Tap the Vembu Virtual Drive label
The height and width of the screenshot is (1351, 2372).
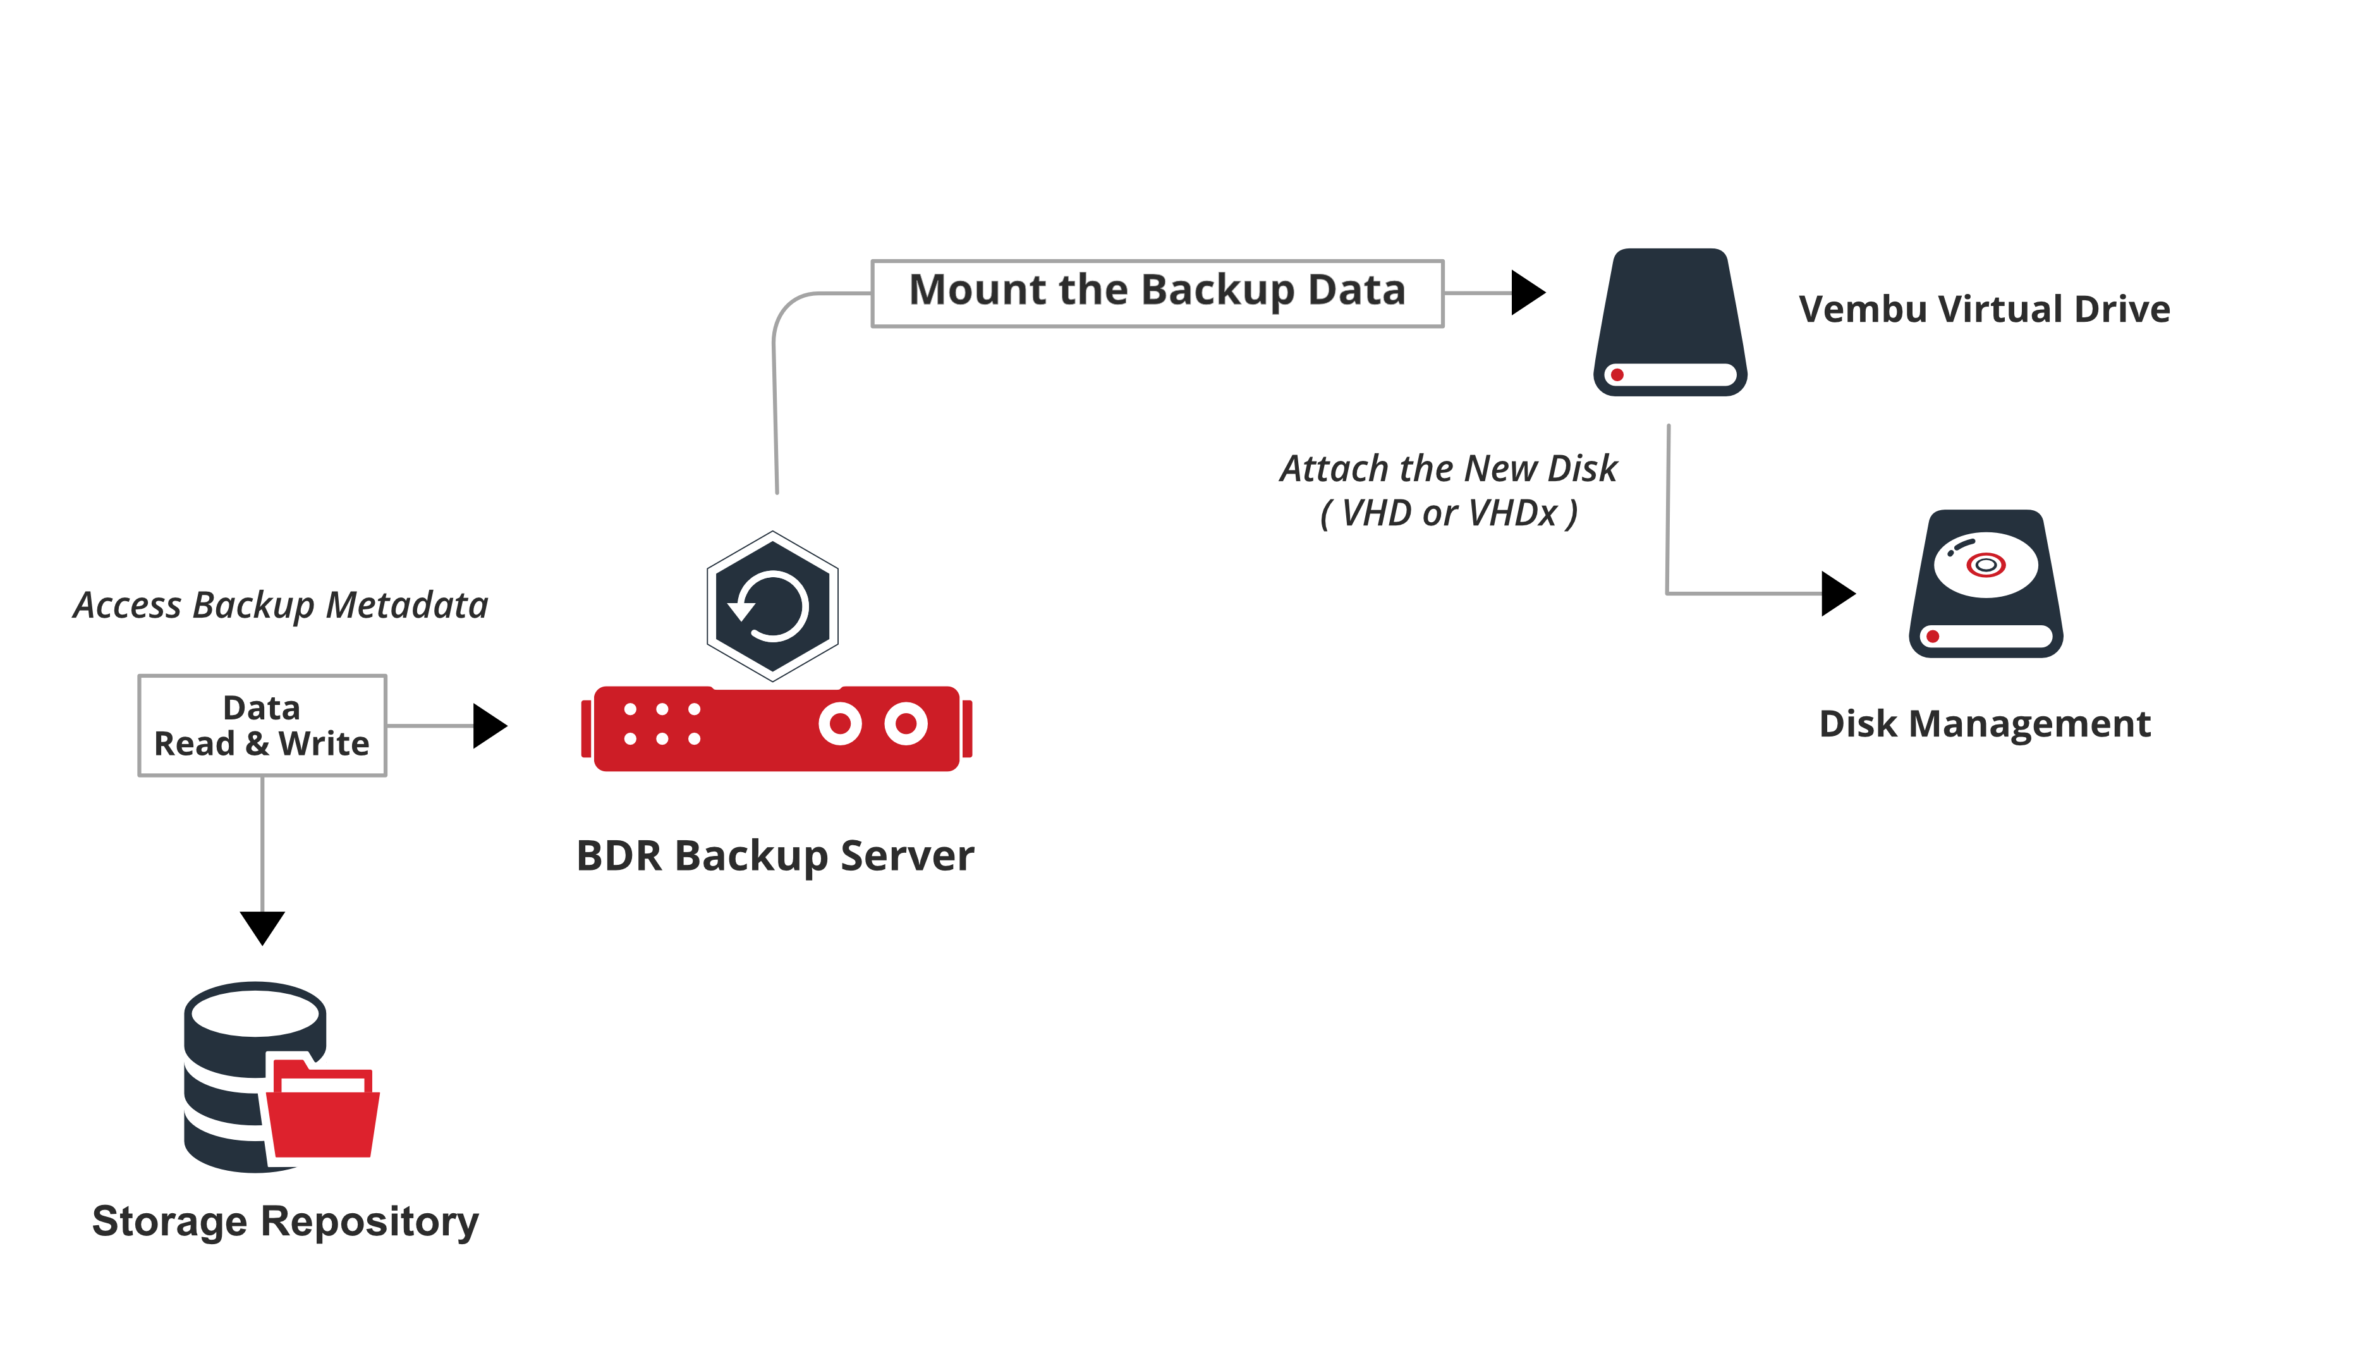click(1983, 309)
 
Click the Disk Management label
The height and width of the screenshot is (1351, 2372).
click(1984, 724)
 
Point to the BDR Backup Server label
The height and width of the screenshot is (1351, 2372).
click(775, 855)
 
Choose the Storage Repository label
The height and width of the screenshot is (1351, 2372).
click(285, 1221)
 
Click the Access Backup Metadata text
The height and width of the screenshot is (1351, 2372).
click(280, 605)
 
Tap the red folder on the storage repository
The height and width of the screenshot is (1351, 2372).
click(323, 1113)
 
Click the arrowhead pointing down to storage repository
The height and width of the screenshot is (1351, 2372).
click(262, 926)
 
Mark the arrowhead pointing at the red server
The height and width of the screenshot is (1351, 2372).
click(489, 726)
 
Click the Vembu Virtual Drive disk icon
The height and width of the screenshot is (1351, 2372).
click(1670, 322)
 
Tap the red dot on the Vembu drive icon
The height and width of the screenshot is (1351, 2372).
click(1617, 375)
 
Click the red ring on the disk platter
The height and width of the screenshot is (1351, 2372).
click(1985, 564)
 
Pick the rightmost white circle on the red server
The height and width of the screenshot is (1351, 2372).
click(906, 724)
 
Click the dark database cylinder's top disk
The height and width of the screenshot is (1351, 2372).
click(255, 1010)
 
